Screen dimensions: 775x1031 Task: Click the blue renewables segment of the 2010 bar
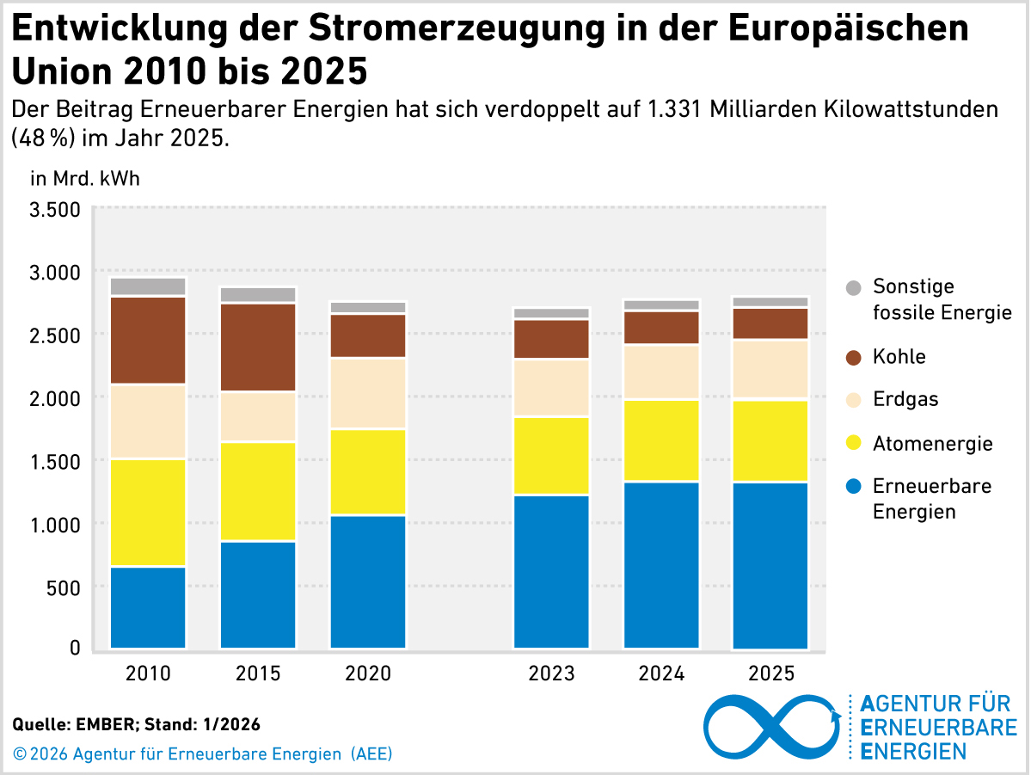click(148, 606)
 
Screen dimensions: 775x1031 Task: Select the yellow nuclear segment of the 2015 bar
click(258, 491)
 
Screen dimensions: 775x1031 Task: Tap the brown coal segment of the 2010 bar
click(148, 340)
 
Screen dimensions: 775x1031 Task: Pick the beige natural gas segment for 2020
click(368, 393)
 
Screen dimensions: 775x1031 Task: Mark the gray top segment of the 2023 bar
click(551, 313)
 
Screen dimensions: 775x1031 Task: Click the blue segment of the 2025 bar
click(770, 565)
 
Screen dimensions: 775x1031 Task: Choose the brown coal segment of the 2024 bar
click(661, 328)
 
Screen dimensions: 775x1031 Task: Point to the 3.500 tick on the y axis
click(55, 209)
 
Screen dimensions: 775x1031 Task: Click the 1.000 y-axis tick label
click(55, 524)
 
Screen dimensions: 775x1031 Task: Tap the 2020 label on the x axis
click(368, 674)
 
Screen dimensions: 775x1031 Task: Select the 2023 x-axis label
click(551, 674)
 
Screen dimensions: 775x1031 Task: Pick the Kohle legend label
click(899, 356)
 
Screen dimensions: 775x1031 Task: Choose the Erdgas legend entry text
click(905, 399)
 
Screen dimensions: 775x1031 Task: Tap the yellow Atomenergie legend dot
click(853, 444)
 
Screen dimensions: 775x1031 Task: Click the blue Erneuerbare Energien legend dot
click(853, 487)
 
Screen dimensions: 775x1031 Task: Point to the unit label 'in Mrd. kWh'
click(84, 179)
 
